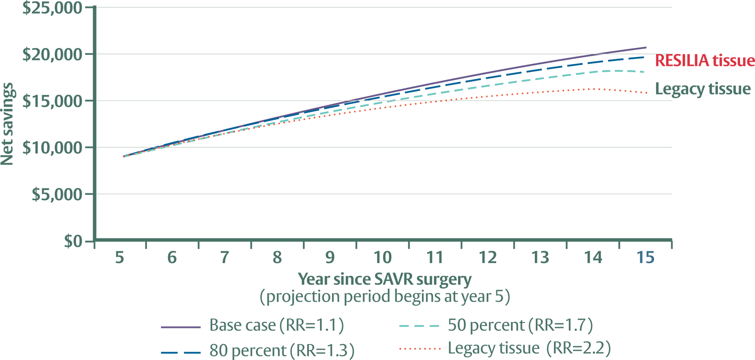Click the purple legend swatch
tap(186, 329)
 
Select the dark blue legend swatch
tap(183, 356)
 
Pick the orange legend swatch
tap(424, 354)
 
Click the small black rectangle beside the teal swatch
tap(459, 337)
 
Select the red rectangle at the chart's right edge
tap(705, 62)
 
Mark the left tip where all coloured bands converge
tap(123, 156)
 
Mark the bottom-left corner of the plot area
tap(97, 237)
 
